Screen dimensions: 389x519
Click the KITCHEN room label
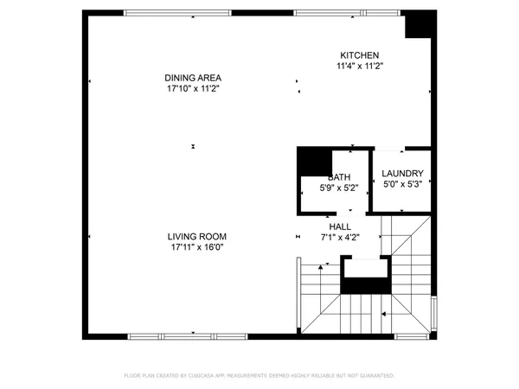(359, 54)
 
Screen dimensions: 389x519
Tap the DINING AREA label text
(192, 77)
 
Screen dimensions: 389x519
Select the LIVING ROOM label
(198, 236)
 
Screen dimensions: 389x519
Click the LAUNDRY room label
(402, 173)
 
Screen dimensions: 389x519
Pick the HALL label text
(339, 226)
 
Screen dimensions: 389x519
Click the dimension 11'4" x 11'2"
(359, 66)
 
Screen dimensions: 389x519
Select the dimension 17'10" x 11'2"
(192, 88)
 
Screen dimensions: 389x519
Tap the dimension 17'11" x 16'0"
(198, 247)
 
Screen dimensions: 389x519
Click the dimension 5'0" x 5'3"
(402, 183)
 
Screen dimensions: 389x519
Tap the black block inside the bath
(314, 161)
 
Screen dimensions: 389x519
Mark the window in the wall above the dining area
(177, 12)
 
